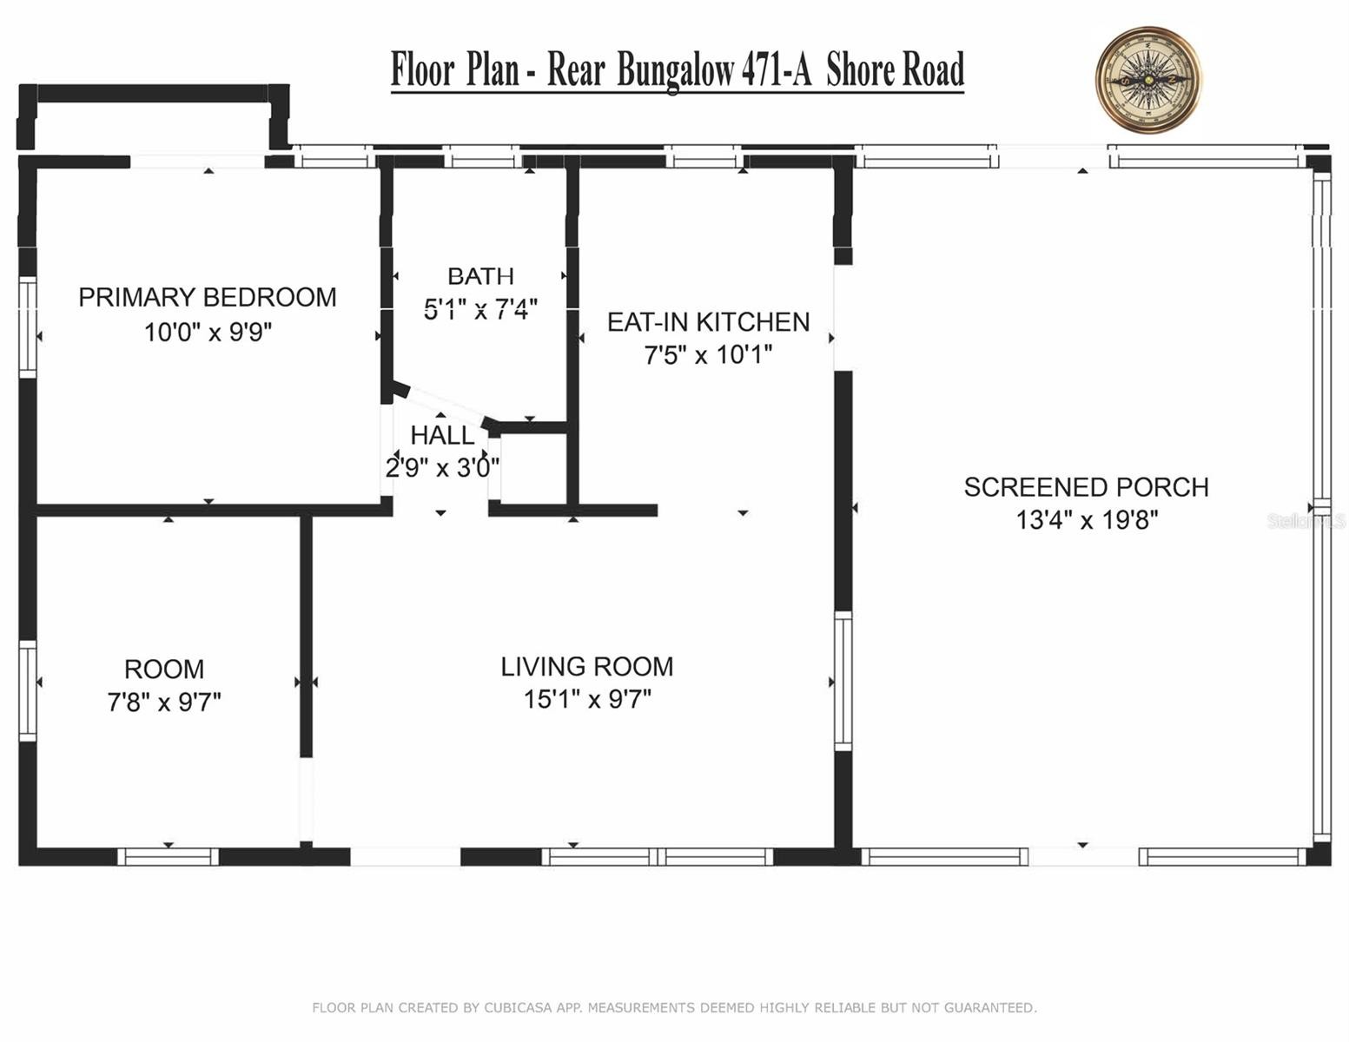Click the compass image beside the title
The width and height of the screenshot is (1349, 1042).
click(1147, 79)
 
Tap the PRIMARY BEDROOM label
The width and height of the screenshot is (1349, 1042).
click(208, 297)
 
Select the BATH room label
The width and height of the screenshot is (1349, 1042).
click(480, 276)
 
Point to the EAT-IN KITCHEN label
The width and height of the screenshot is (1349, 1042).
click(708, 322)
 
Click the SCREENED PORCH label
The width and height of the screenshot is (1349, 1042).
click(1087, 487)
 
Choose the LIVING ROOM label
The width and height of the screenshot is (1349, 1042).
click(587, 667)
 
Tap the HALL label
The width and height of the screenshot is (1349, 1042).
click(443, 436)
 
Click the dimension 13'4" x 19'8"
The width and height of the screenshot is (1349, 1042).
click(1087, 520)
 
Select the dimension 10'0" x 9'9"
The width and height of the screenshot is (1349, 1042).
click(208, 332)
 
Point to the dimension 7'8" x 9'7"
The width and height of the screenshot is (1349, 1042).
click(164, 702)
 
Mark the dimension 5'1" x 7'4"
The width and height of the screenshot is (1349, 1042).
click(480, 309)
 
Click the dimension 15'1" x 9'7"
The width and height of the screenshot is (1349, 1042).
click(587, 699)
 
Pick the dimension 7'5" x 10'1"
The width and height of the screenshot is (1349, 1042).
click(708, 355)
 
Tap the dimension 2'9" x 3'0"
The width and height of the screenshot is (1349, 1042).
click(443, 467)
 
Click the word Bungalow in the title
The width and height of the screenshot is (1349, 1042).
click(675, 71)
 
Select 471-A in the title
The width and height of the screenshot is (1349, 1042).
click(777, 69)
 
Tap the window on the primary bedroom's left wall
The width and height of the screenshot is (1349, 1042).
click(28, 326)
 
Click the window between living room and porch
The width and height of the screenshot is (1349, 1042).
click(843, 682)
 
